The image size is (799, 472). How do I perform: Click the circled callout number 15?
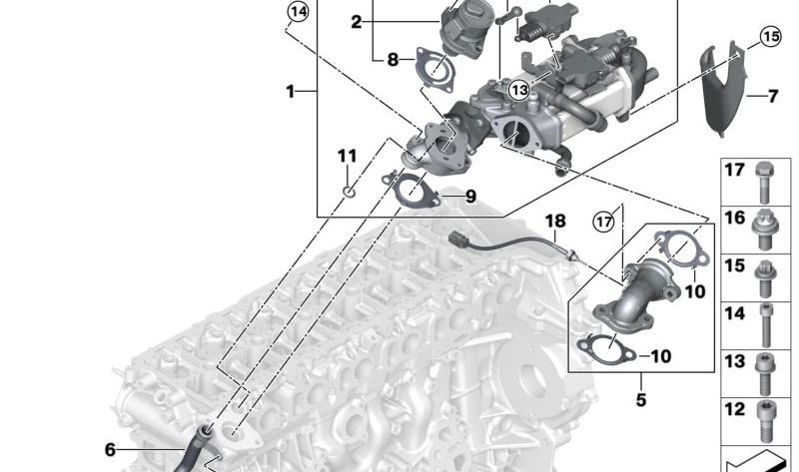[x=768, y=38]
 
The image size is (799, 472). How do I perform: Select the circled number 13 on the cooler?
[x=518, y=90]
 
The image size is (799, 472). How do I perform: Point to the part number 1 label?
[x=291, y=92]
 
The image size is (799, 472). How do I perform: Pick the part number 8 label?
[x=393, y=60]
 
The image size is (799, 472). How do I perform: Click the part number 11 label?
[x=347, y=157]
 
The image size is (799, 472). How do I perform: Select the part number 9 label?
[x=469, y=196]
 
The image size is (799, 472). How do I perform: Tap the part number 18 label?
[x=555, y=220]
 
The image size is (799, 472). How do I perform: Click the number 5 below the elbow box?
[x=640, y=400]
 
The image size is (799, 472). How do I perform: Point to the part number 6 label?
[x=111, y=450]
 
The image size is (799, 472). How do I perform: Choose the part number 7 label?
[x=772, y=97]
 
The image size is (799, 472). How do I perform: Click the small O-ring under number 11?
[x=347, y=188]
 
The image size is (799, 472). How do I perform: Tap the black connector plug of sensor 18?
[x=462, y=240]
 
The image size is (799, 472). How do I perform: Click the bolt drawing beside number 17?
[x=765, y=179]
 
